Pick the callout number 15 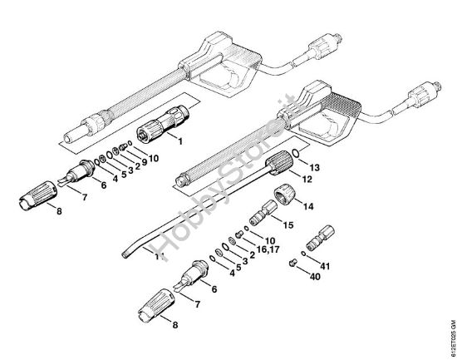coord(289,225)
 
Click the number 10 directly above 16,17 coord(269,239)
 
